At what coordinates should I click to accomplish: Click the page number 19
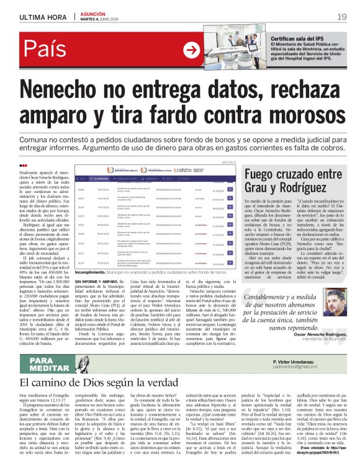coord(342,16)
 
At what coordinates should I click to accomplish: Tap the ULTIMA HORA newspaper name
coord(43,17)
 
